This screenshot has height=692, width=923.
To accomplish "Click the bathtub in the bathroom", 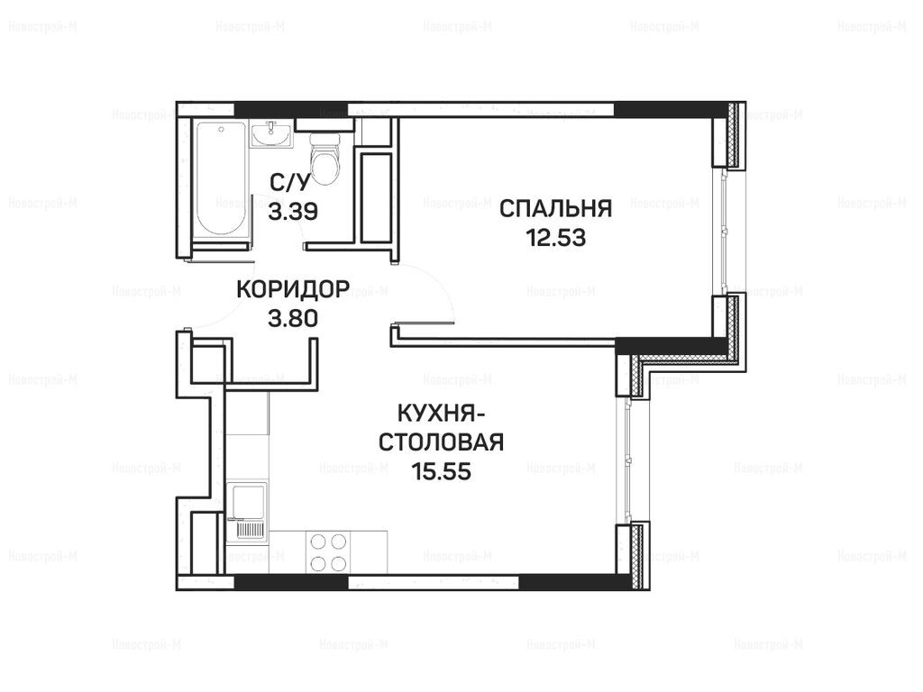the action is [221, 180].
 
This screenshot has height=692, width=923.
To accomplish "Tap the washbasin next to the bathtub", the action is [271, 134].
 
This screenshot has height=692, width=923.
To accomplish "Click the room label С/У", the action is [289, 184].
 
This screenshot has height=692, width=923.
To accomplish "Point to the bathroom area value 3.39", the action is [293, 211].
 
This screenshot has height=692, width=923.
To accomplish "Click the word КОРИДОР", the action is [293, 289].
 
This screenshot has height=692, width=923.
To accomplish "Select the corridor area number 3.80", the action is [293, 318].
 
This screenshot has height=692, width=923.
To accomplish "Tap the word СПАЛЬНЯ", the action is [555, 209].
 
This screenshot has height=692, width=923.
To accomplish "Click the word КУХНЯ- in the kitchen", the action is [442, 413].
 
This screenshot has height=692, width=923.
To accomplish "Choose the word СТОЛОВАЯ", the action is [441, 442].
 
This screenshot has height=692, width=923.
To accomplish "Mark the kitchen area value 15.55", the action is [441, 471].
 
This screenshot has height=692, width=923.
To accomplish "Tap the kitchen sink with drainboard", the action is [247, 511].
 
